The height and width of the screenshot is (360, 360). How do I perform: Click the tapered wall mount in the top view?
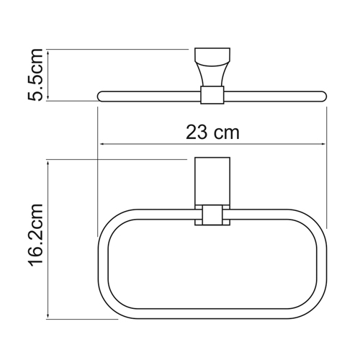tap(211, 68)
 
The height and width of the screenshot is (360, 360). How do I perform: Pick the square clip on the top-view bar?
tap(211, 95)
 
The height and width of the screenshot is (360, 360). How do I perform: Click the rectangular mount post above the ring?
tap(211, 180)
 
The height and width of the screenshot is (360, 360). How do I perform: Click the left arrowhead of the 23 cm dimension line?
tap(100, 145)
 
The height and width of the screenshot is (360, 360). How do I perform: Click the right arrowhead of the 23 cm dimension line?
tap(323, 145)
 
